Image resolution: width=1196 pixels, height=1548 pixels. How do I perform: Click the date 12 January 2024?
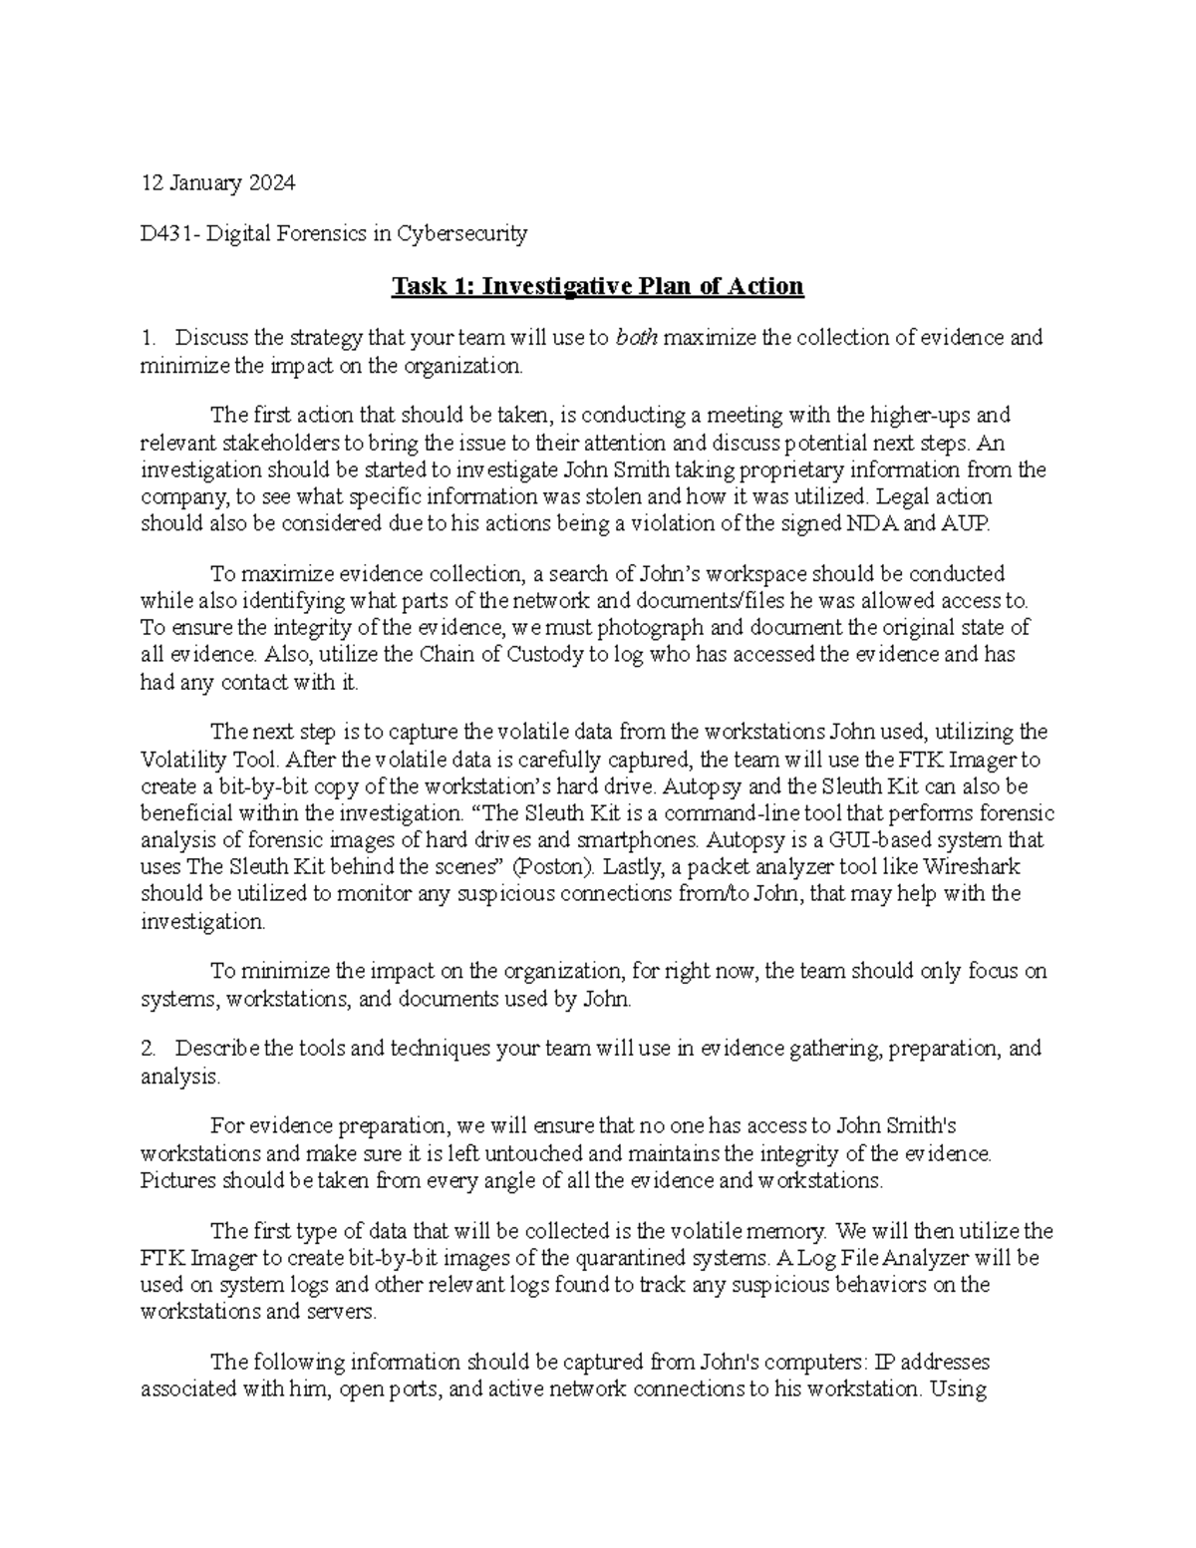218,183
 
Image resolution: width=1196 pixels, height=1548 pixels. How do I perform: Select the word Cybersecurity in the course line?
462,234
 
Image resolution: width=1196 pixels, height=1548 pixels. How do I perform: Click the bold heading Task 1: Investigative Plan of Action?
597,287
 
